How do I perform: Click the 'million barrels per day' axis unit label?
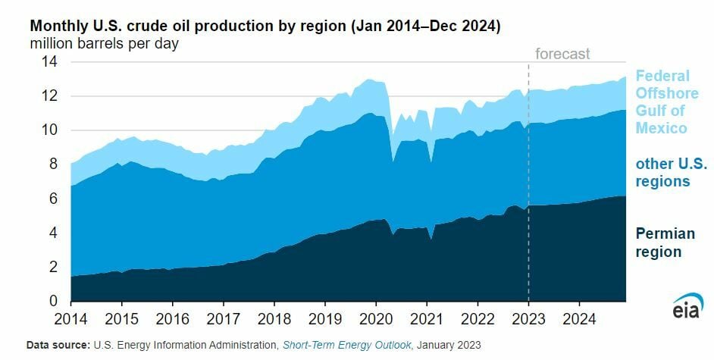(x=105, y=43)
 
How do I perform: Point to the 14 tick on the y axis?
(x=49, y=62)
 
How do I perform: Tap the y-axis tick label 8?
(x=53, y=164)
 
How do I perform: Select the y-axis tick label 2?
(x=53, y=267)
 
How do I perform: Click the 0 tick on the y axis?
(x=53, y=301)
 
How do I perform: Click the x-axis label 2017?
(x=224, y=317)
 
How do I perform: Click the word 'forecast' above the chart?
(x=562, y=54)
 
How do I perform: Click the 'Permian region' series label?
(x=659, y=243)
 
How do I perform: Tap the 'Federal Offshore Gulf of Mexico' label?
(x=662, y=102)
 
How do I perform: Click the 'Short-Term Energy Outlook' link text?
(x=346, y=346)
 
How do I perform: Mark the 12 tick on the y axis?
(x=49, y=96)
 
